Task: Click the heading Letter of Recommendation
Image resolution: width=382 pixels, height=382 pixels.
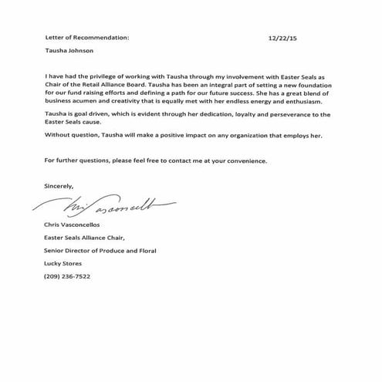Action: pos(83,35)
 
